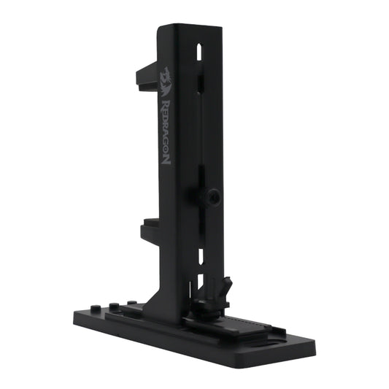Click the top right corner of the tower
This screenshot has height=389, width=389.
tap(221, 27)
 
